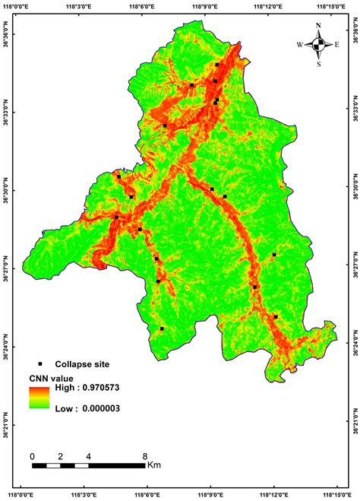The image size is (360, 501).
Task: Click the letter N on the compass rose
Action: pyautogui.click(x=318, y=25)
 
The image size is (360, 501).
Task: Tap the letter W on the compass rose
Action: pyautogui.click(x=299, y=45)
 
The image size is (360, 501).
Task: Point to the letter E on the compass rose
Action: pyautogui.click(x=337, y=45)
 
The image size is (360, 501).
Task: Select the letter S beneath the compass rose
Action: pyautogui.click(x=318, y=64)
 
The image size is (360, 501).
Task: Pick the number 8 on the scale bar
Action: pyautogui.click(x=145, y=456)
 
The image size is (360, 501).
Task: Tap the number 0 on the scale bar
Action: pyautogui.click(x=32, y=456)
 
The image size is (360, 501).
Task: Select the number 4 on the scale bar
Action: pyautogui.click(x=89, y=456)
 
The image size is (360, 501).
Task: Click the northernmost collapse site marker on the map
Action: pyautogui.click(x=217, y=65)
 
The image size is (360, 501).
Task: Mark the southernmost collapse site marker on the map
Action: pyautogui.click(x=162, y=329)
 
